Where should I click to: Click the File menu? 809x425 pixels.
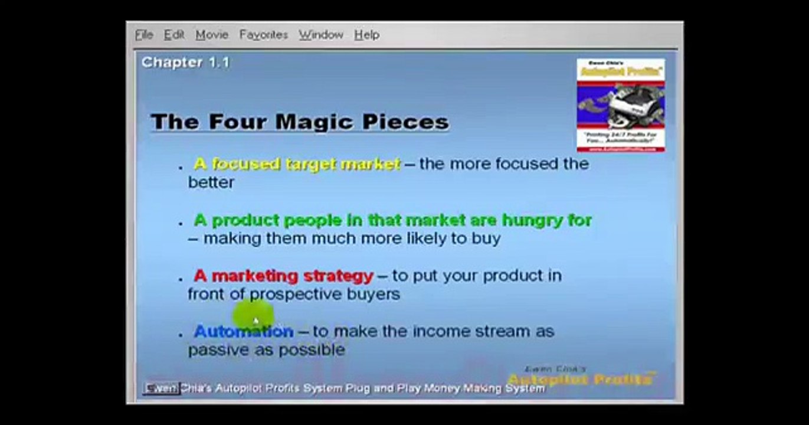pos(144,35)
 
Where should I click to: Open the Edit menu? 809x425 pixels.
pos(174,35)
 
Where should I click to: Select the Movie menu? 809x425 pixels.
pos(212,35)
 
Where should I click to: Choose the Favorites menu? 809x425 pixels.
pos(264,35)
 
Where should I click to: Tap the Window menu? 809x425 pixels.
pos(321,35)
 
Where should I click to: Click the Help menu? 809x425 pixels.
pos(366,35)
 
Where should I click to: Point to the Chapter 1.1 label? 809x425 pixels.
pos(185,62)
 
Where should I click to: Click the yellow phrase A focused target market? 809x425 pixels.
pos(297,164)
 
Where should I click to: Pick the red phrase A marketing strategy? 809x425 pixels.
pos(283,276)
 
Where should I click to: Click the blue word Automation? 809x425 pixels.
pos(243,331)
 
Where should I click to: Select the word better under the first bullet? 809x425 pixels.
pos(211,182)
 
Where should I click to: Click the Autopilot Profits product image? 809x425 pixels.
pos(620,105)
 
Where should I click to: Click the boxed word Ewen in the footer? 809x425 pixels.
pos(161,388)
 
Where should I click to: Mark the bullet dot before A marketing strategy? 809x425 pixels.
pos(181,278)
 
